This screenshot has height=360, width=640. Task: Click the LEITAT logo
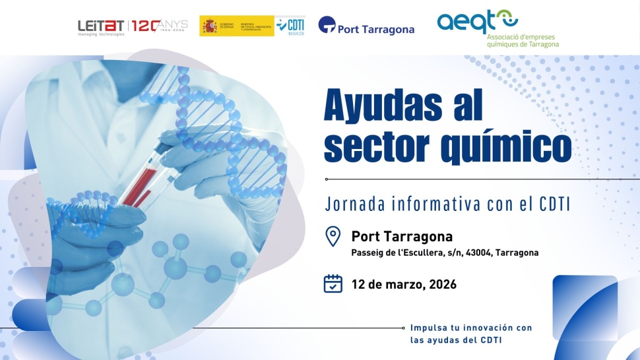click(x=101, y=26)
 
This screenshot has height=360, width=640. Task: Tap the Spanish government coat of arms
click(x=210, y=26)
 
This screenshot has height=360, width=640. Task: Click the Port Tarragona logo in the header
click(x=366, y=27)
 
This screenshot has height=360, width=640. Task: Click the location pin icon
click(x=333, y=236)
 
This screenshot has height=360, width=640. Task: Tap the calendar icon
click(x=333, y=284)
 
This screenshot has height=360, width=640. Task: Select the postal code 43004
click(x=479, y=253)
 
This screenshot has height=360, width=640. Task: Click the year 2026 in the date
click(x=442, y=285)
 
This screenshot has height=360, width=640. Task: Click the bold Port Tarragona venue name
click(x=402, y=236)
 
